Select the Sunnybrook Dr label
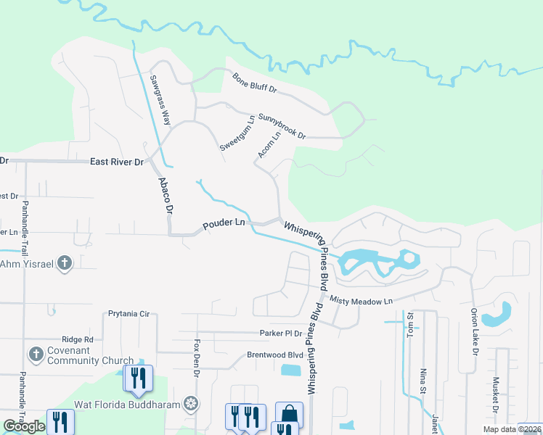pos(282,125)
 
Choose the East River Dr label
pos(117,162)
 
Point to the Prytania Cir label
pos(128,314)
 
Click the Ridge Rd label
pos(78,339)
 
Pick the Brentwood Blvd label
pos(274,355)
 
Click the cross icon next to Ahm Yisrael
pos(65,263)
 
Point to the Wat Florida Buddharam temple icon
pos(191,404)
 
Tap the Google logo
pos(24,426)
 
